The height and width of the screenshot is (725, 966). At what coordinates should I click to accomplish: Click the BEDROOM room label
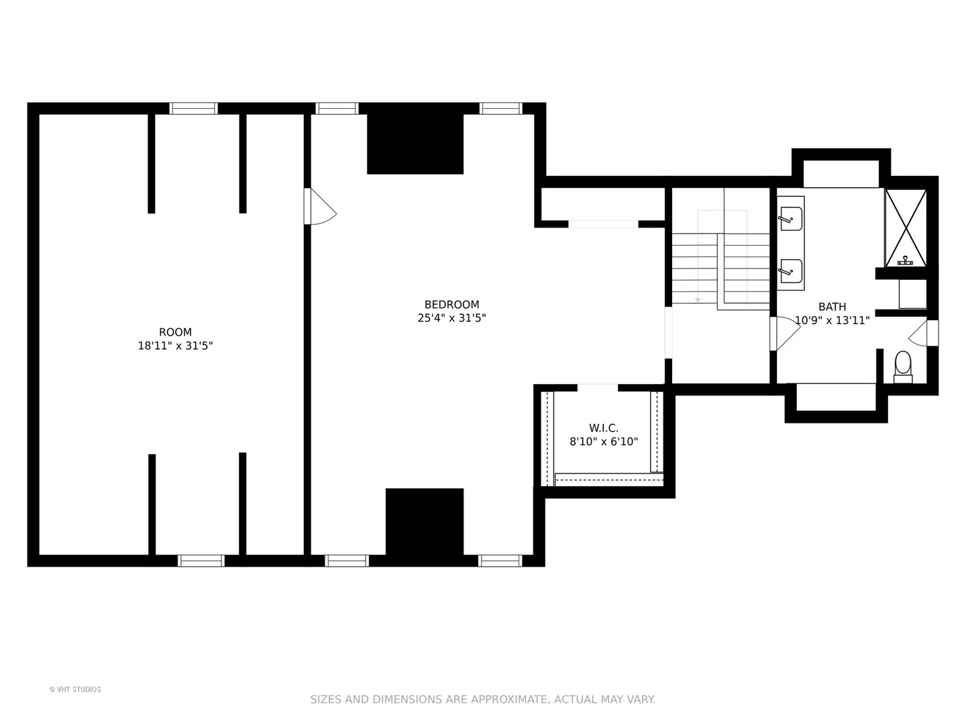coord(451,304)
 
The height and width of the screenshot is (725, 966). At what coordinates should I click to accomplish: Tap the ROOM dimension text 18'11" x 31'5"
coord(175,346)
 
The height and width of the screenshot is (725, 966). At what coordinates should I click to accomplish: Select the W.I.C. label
coord(603,428)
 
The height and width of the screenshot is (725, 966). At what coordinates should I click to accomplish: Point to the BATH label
coord(832,307)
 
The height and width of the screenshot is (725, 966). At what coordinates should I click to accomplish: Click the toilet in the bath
coord(903,365)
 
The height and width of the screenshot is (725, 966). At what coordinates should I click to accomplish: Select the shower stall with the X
coord(906,228)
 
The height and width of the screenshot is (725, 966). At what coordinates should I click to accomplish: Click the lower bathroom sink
coord(792,271)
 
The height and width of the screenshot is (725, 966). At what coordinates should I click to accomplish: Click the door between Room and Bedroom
coord(319,207)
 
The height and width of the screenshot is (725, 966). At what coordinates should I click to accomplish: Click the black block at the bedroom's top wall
coord(415,144)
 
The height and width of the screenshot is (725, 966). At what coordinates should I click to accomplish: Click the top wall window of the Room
coord(193,109)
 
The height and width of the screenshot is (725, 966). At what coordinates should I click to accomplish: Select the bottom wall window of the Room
coord(201,561)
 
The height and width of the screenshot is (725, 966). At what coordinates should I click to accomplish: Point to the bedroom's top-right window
coord(500,109)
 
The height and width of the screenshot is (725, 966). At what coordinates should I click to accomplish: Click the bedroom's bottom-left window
coord(347,561)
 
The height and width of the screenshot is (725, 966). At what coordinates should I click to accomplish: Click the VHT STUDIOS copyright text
coord(75,689)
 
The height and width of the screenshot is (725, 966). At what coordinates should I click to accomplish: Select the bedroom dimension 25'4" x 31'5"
coord(451,318)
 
